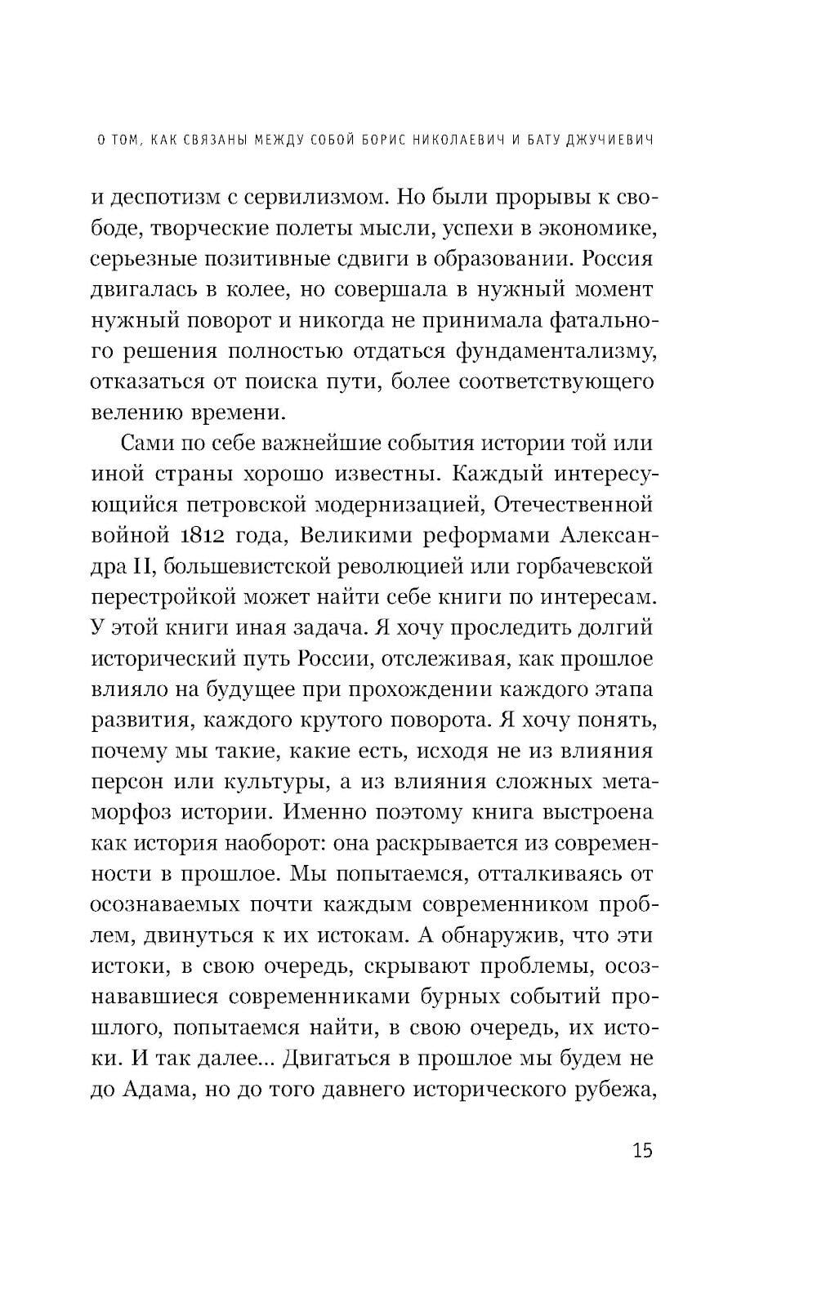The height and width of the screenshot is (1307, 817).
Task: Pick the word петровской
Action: pyautogui.click(x=271, y=504)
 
